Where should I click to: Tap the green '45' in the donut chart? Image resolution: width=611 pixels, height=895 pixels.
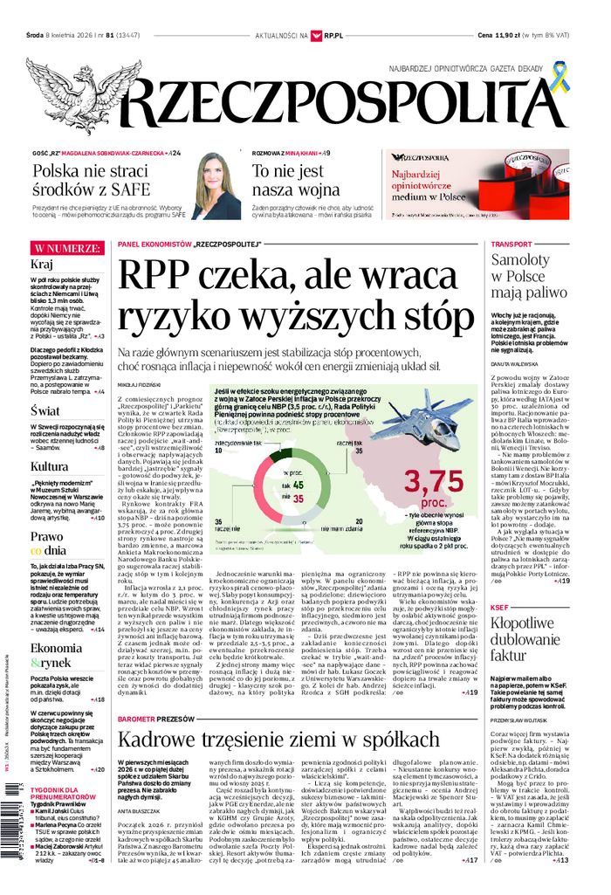click(x=297, y=485)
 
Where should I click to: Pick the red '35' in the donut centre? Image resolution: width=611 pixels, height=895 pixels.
click(x=297, y=499)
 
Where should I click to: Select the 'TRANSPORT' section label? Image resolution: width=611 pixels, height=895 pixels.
click(x=511, y=244)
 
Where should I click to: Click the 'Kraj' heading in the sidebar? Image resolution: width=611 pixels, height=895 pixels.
click(x=44, y=265)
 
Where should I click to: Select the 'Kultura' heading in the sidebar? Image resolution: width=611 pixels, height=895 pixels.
click(x=50, y=466)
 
